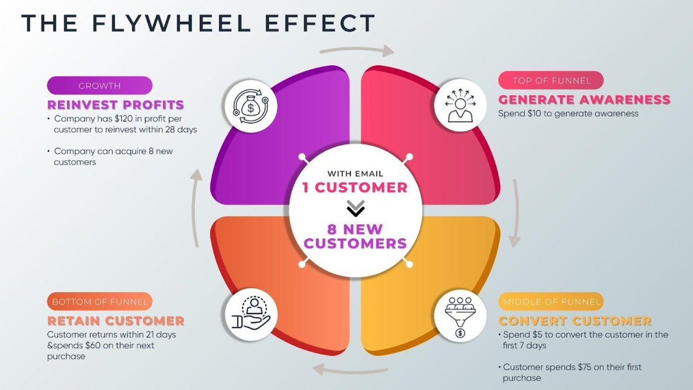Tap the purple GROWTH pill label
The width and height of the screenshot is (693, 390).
pos(99,86)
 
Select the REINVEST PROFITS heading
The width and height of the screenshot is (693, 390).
pos(115,105)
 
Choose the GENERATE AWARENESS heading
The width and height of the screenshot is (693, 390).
pos(584,99)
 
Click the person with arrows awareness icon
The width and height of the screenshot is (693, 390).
pos(460,105)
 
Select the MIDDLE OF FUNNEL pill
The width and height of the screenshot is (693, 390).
pos(550,302)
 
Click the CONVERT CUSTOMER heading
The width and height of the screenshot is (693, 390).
pos(575,321)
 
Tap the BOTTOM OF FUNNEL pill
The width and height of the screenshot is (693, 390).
pos(99,302)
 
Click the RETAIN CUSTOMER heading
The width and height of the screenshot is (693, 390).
pos(115,321)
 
